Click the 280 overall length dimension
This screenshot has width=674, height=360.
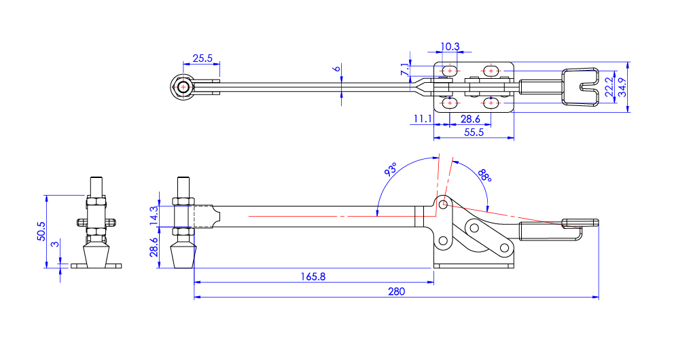396,291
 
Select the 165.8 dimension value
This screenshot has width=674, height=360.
313,276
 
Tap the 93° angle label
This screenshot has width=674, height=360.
391,170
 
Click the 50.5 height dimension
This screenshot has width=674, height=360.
41,231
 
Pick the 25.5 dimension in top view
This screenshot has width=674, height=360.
202,59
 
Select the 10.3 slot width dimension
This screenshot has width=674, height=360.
450,47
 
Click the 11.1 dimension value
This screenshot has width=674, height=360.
421,119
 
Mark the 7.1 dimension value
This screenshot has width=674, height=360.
405,70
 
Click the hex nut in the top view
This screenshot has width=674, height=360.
181,88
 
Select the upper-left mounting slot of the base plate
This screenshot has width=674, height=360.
450,71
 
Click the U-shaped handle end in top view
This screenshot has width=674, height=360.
581,87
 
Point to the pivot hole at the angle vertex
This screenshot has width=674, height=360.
443,204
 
